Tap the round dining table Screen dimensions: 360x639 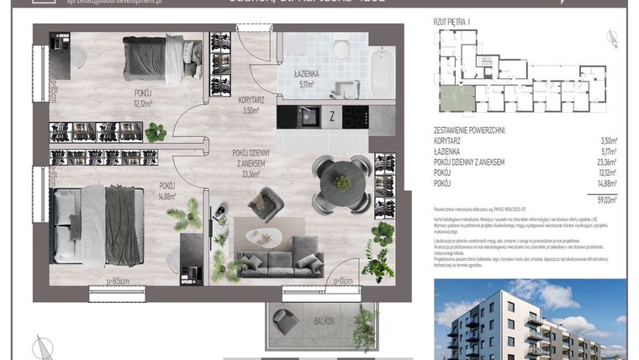(341, 179)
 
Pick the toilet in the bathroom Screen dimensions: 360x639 (341, 49)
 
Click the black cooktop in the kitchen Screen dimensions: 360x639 (355, 117)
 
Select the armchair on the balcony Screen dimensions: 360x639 (285, 320)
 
